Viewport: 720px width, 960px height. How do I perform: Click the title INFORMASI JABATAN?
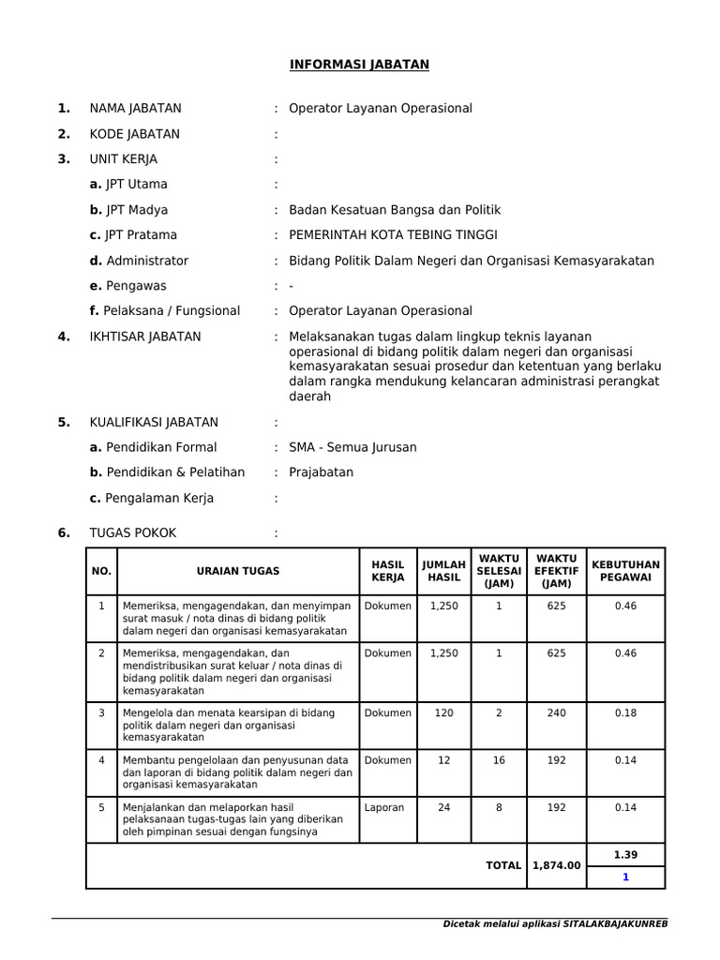(358, 65)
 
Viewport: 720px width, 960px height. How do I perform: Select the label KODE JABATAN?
(135, 134)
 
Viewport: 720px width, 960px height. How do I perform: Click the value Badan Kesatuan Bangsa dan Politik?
(396, 210)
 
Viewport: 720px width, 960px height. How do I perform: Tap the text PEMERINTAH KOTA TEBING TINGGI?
(393, 235)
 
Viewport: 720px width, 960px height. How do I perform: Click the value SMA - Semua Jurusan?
(352, 447)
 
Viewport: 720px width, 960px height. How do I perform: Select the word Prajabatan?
(321, 472)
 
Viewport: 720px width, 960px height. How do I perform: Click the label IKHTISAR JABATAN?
(145, 337)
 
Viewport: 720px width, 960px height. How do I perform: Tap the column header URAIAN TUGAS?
(238, 571)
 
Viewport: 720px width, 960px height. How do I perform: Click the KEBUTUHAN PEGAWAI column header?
(625, 571)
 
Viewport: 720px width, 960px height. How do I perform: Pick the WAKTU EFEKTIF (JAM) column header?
(556, 571)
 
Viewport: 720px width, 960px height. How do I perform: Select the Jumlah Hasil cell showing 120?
(443, 713)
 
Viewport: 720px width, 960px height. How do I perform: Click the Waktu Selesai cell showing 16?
(499, 760)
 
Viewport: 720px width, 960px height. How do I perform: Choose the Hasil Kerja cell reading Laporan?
(384, 807)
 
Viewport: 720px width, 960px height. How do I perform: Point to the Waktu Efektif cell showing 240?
(556, 713)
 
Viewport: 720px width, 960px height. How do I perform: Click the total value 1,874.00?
(556, 865)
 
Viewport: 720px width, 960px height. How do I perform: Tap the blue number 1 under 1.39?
(625, 877)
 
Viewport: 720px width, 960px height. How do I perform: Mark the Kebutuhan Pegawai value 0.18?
(625, 713)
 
